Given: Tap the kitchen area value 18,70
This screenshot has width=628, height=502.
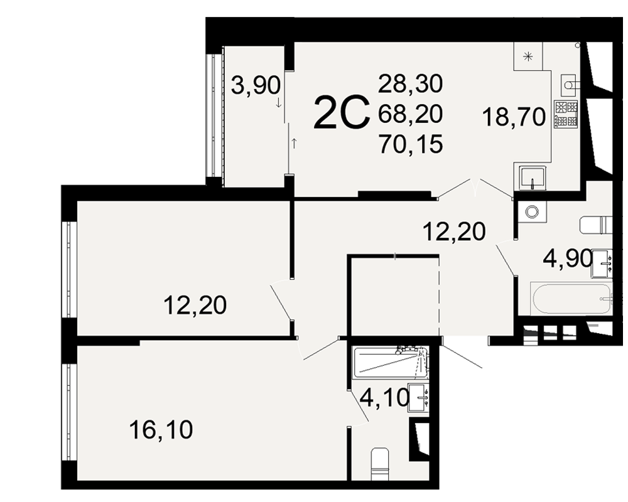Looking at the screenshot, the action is (x=514, y=117).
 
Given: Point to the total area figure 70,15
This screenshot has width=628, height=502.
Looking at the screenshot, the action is (x=411, y=144).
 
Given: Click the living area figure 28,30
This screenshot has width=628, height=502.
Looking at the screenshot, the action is (x=411, y=83).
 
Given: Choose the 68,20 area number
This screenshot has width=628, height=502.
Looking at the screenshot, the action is (x=411, y=114).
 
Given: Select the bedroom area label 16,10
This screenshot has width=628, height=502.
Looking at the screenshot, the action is (x=161, y=430).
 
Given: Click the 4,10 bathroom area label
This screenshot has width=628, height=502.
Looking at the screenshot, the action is (x=384, y=397).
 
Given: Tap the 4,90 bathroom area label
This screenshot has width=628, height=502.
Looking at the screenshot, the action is (x=568, y=259).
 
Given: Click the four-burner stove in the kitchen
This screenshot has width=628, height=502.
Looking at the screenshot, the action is (x=566, y=114).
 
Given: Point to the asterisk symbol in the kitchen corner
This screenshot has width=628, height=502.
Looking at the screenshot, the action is (x=529, y=56).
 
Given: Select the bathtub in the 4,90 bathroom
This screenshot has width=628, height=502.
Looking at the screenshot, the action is (x=571, y=299).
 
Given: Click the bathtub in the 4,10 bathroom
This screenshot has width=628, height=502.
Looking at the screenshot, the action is (x=391, y=363).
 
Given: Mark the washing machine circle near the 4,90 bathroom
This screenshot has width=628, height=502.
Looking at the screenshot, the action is (x=532, y=211).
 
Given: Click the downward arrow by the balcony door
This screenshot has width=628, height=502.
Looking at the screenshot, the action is (x=278, y=104).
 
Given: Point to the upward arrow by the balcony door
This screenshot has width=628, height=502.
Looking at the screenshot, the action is (x=295, y=143).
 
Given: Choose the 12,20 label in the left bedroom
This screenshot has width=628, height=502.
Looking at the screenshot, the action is (x=195, y=306).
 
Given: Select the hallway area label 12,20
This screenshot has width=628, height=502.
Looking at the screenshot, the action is (x=454, y=232).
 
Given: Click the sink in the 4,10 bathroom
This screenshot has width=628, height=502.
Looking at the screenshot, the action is (x=418, y=398).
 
